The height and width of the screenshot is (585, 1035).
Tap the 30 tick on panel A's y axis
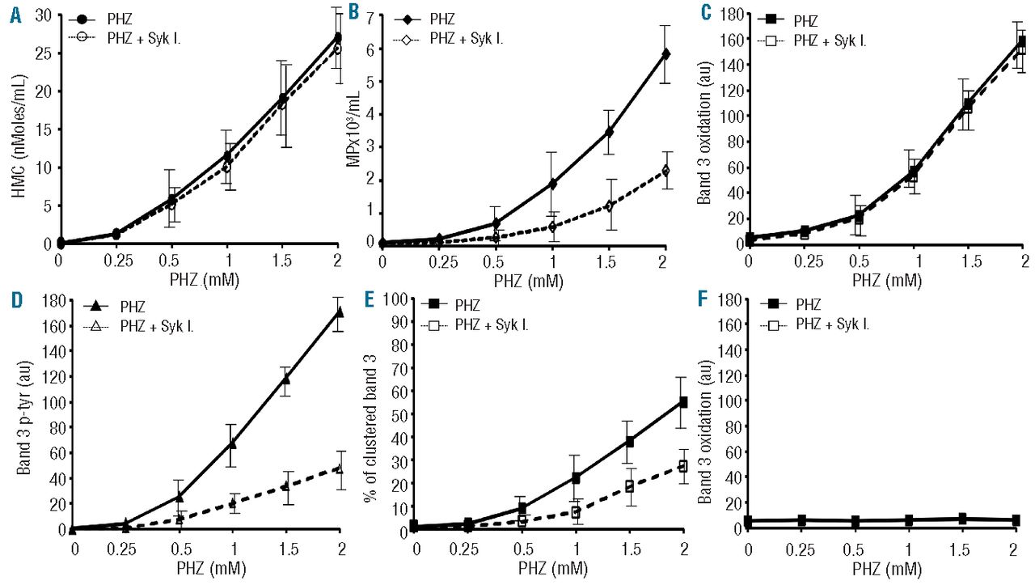(x=42, y=15)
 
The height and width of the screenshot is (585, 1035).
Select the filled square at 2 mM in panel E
(x=683, y=401)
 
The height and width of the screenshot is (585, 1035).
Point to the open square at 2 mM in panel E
(x=683, y=466)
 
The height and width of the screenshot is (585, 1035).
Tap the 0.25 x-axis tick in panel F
(x=813, y=548)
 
